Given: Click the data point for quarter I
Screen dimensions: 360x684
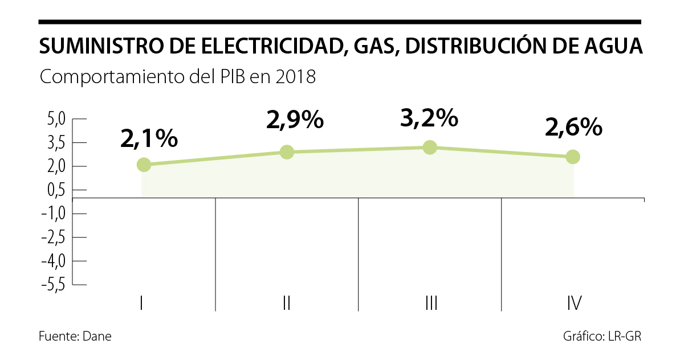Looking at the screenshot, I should coord(144,165).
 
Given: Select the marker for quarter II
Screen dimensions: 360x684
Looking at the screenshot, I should coord(287,152).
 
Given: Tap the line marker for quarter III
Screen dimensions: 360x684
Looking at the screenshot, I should coord(430,148).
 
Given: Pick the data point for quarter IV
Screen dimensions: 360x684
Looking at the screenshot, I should coord(573,157).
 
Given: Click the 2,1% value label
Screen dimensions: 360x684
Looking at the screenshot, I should coord(149,138).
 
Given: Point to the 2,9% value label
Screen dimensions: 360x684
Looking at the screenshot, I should coord(295,121).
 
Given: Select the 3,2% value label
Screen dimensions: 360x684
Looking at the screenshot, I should coord(429,118).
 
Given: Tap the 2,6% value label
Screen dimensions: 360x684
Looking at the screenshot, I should coord(573,128).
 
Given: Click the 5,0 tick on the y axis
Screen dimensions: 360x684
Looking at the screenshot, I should coord(56,119).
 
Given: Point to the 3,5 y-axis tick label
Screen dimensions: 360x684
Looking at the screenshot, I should coord(56,142).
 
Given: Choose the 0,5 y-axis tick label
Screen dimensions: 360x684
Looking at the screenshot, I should coord(56,190).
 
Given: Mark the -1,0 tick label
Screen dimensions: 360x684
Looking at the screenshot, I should coord(54,214).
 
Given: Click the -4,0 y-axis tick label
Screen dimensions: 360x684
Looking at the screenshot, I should coord(54,261).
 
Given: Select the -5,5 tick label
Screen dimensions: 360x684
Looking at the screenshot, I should coord(54,284).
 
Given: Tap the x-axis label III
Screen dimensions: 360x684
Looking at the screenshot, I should coord(431,303).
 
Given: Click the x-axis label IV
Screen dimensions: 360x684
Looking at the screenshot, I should coord(574,303).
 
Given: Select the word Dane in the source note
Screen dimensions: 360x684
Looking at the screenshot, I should coord(97,336).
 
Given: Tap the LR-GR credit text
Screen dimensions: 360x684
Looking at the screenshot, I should coord(625,336).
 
